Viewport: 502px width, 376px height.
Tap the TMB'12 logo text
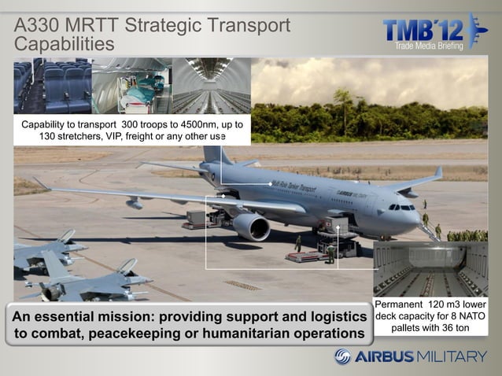(423, 30)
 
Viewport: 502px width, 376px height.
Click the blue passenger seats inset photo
(52, 86)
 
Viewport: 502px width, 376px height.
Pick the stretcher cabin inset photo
(131, 86)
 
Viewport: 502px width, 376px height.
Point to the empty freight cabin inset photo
(211, 86)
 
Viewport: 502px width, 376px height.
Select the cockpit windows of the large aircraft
(402, 207)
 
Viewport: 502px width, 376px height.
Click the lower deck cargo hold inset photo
(430, 269)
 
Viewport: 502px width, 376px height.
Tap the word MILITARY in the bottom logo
(452, 356)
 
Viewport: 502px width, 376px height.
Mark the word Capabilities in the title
(65, 44)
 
